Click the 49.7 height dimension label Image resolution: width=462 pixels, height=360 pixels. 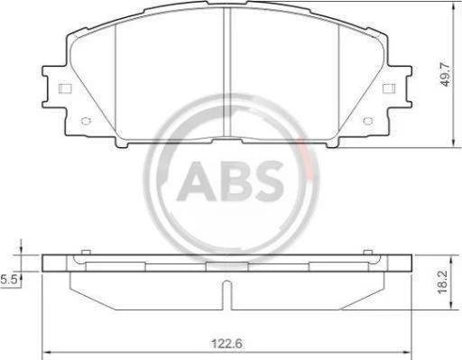click(x=446, y=75)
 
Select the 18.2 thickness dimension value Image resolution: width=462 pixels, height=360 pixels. click(x=443, y=282)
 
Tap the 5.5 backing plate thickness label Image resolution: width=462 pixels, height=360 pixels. click(x=8, y=280)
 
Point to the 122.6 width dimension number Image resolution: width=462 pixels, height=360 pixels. click(x=227, y=344)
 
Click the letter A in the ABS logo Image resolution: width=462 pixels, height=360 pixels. click(x=197, y=181)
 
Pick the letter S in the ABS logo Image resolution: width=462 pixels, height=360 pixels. click(x=267, y=181)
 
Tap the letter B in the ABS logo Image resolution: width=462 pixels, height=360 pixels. click(x=234, y=181)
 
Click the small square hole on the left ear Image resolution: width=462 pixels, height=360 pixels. click(x=65, y=88)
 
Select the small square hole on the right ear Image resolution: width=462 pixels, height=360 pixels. click(x=389, y=88)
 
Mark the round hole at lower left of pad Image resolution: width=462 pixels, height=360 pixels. click(x=86, y=121)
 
